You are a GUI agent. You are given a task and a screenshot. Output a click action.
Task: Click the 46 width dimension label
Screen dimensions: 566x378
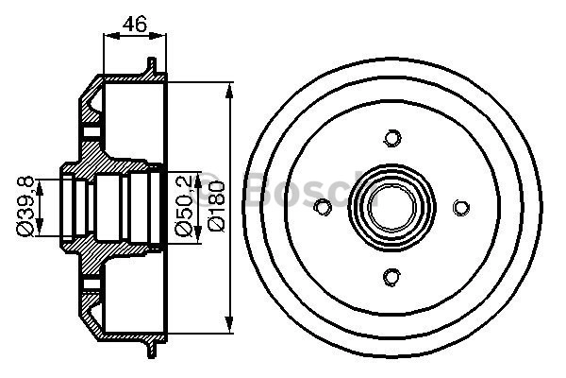tap(135, 24)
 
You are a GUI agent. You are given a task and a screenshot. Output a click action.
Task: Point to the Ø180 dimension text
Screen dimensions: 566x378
tap(217, 206)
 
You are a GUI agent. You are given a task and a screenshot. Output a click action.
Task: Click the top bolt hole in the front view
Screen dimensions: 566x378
tap(392, 138)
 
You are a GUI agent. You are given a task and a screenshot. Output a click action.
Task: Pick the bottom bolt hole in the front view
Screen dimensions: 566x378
tap(391, 277)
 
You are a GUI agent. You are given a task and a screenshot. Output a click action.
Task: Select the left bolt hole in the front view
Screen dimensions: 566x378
tap(323, 207)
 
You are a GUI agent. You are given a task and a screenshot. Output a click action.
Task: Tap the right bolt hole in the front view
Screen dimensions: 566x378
tap(461, 208)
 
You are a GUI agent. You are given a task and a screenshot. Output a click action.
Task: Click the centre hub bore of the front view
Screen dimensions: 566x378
tap(392, 207)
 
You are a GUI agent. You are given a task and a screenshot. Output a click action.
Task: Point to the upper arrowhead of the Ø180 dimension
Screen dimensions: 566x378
tap(229, 90)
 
